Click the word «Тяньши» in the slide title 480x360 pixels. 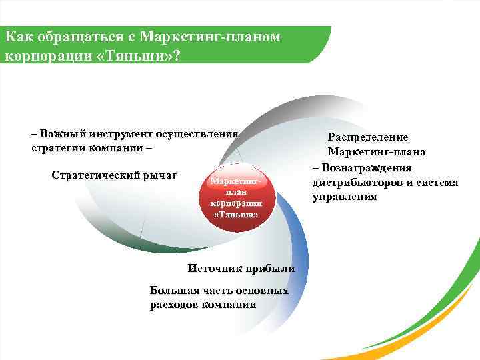pyautogui.click(x=137, y=53)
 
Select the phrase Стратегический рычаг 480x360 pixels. pyautogui.click(x=114, y=175)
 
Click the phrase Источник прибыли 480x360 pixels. pyautogui.click(x=241, y=268)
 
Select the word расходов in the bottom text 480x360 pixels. pyautogui.click(x=175, y=305)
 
